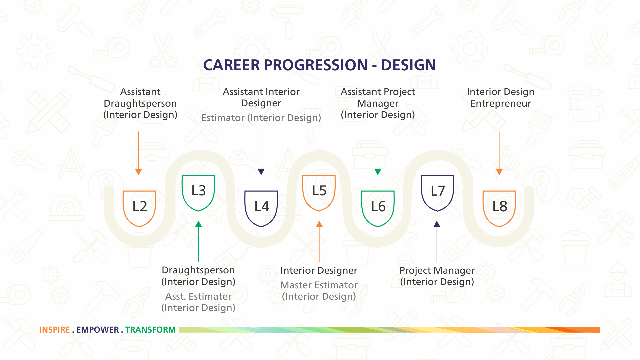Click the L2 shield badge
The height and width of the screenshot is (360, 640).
click(x=139, y=209)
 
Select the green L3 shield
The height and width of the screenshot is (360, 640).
click(x=198, y=193)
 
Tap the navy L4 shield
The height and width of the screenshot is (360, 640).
click(x=261, y=209)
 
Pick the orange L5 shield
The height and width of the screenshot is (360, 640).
click(x=319, y=193)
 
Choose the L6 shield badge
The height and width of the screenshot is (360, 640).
click(x=378, y=209)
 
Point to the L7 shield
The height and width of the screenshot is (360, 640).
click(x=437, y=193)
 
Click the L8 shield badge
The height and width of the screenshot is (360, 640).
click(x=499, y=209)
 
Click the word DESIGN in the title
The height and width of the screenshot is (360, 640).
click(x=408, y=65)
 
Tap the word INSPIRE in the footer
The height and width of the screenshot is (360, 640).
click(x=55, y=330)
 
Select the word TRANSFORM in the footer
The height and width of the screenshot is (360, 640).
click(x=150, y=330)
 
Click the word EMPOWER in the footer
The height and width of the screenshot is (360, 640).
click(x=98, y=330)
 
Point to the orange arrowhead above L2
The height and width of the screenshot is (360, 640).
click(x=138, y=172)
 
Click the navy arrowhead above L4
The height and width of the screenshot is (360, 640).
click(x=261, y=172)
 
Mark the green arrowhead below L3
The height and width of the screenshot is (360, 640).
click(x=198, y=224)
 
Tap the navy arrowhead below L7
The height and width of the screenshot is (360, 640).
click(x=437, y=224)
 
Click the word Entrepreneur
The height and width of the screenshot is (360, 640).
click(x=501, y=103)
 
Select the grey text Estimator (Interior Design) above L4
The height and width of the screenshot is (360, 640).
click(x=261, y=118)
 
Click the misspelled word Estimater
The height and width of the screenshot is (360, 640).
click(x=210, y=296)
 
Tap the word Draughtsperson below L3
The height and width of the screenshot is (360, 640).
click(x=198, y=270)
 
